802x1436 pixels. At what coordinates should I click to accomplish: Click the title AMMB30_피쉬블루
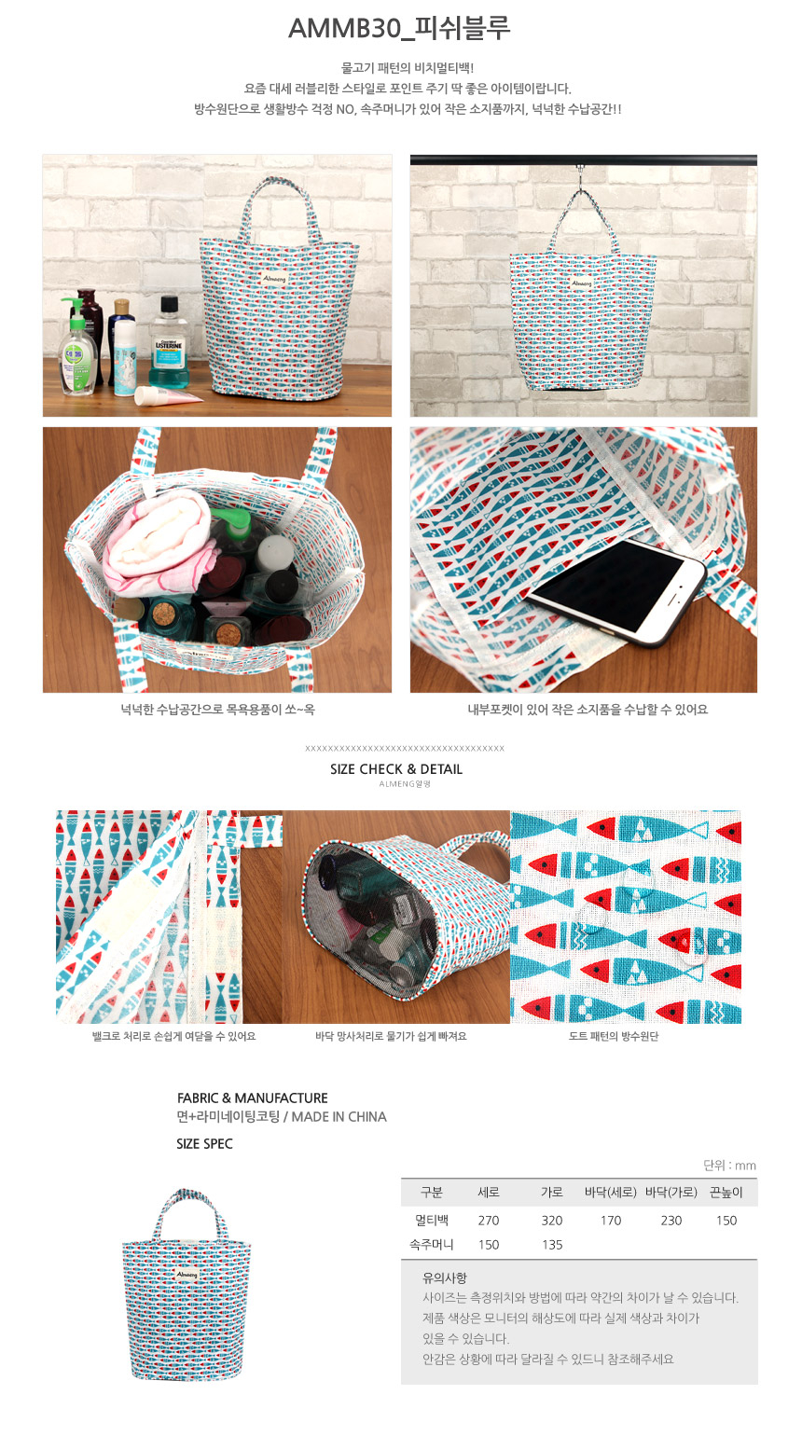(399, 29)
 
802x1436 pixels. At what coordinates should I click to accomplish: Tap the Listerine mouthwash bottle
(169, 343)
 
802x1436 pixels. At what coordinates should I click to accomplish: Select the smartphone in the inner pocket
(616, 592)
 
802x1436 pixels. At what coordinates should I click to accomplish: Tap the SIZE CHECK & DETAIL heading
(396, 769)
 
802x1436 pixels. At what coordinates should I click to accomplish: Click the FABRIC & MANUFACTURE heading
(253, 1098)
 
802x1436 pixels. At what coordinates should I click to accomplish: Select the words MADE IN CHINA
(339, 1117)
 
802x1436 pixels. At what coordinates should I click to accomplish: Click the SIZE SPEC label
(204, 1144)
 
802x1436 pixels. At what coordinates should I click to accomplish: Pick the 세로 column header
(489, 1193)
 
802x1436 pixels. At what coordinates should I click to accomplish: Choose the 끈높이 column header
(726, 1193)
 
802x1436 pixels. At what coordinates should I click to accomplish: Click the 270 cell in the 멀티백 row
(489, 1221)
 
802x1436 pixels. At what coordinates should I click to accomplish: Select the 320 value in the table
(552, 1221)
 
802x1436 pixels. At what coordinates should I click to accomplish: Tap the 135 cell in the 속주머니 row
(552, 1245)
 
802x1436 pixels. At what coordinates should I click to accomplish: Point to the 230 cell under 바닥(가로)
(671, 1221)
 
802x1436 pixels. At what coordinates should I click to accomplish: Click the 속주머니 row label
(432, 1245)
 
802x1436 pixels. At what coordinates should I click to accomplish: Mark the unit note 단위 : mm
(729, 1166)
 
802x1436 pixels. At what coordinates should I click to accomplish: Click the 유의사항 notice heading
(445, 1277)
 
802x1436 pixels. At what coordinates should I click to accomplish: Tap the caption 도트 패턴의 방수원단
(614, 1036)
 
